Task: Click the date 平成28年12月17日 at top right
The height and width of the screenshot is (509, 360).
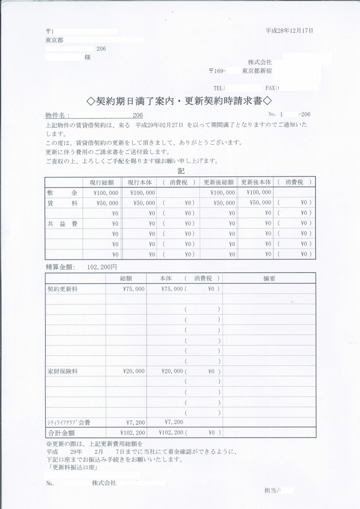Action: [289, 31]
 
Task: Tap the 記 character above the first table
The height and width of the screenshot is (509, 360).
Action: [180, 170]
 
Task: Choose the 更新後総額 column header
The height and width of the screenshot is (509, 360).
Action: [218, 182]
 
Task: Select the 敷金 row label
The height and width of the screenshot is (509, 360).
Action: [62, 192]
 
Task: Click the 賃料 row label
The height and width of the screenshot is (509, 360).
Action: [62, 203]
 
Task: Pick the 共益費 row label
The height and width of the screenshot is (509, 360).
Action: [62, 224]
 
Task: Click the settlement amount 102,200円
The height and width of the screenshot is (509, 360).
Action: [101, 267]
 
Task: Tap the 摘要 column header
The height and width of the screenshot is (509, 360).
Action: [269, 278]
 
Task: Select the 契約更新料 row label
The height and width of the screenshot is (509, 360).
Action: [62, 289]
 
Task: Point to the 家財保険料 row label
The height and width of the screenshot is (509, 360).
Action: [62, 371]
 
